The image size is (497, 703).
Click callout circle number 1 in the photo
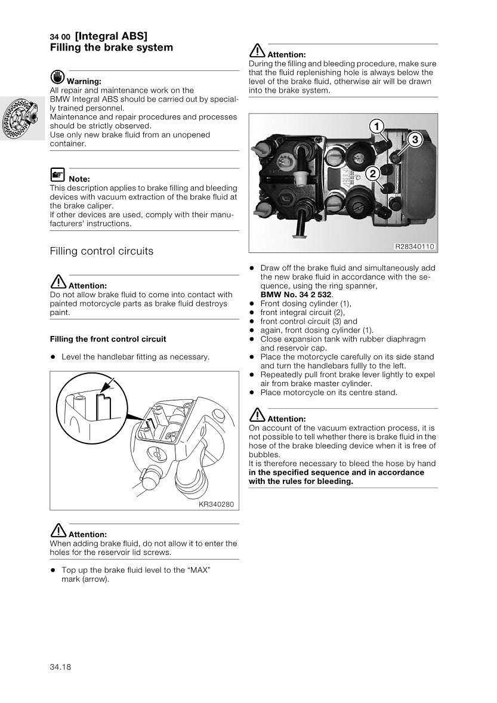pyautogui.click(x=376, y=126)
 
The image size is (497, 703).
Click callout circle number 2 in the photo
pyautogui.click(x=372, y=174)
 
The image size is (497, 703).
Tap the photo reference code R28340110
pyautogui.click(x=415, y=246)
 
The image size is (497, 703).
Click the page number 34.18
pyautogui.click(x=60, y=667)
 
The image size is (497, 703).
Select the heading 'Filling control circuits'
pyautogui.click(x=101, y=251)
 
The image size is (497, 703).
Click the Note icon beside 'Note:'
pyautogui.click(x=57, y=175)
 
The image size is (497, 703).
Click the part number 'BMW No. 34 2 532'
pyautogui.click(x=297, y=295)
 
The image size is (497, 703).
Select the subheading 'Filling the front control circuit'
pyautogui.click(x=108, y=339)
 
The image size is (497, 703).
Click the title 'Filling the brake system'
pyautogui.click(x=112, y=48)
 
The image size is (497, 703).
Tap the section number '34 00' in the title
pyautogui.click(x=60, y=37)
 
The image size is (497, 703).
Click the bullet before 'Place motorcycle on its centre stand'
pyautogui.click(x=252, y=393)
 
